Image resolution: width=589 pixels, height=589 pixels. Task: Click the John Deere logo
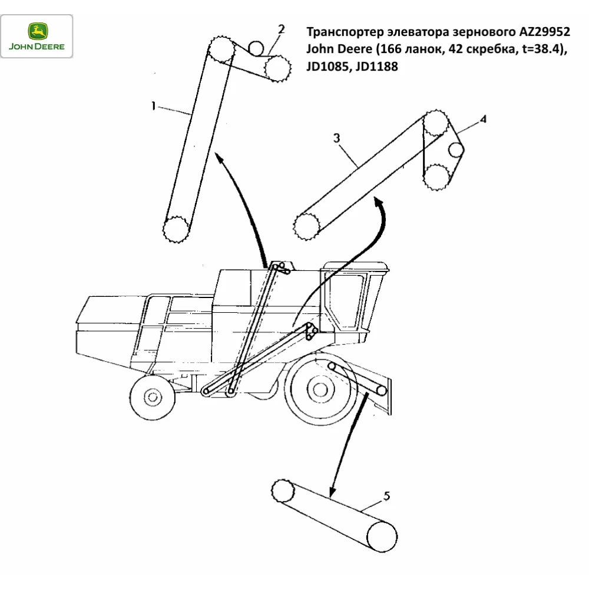pyautogui.click(x=37, y=37)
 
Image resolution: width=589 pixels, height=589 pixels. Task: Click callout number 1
pyautogui.click(x=153, y=107)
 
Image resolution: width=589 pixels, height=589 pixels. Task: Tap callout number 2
pyautogui.click(x=282, y=28)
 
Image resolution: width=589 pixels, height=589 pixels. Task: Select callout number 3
pyautogui.click(x=336, y=139)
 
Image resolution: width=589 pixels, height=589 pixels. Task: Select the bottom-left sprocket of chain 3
pyautogui.click(x=306, y=226)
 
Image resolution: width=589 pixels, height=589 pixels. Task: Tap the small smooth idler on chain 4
pyautogui.click(x=455, y=150)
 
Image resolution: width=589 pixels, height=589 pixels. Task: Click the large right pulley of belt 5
pyautogui.click(x=382, y=535)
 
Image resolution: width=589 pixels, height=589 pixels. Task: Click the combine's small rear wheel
pyautogui.click(x=153, y=396)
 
